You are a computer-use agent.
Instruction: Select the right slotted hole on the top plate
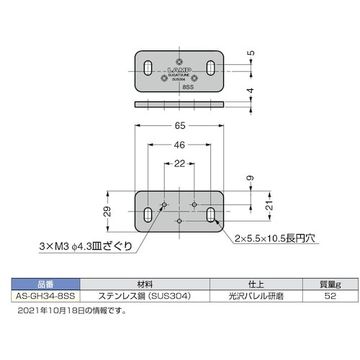(x=212, y=68)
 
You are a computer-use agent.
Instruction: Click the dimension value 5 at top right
(x=249, y=53)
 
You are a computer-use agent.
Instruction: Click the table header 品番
(x=45, y=284)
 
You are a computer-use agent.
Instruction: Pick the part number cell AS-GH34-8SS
(x=45, y=296)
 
